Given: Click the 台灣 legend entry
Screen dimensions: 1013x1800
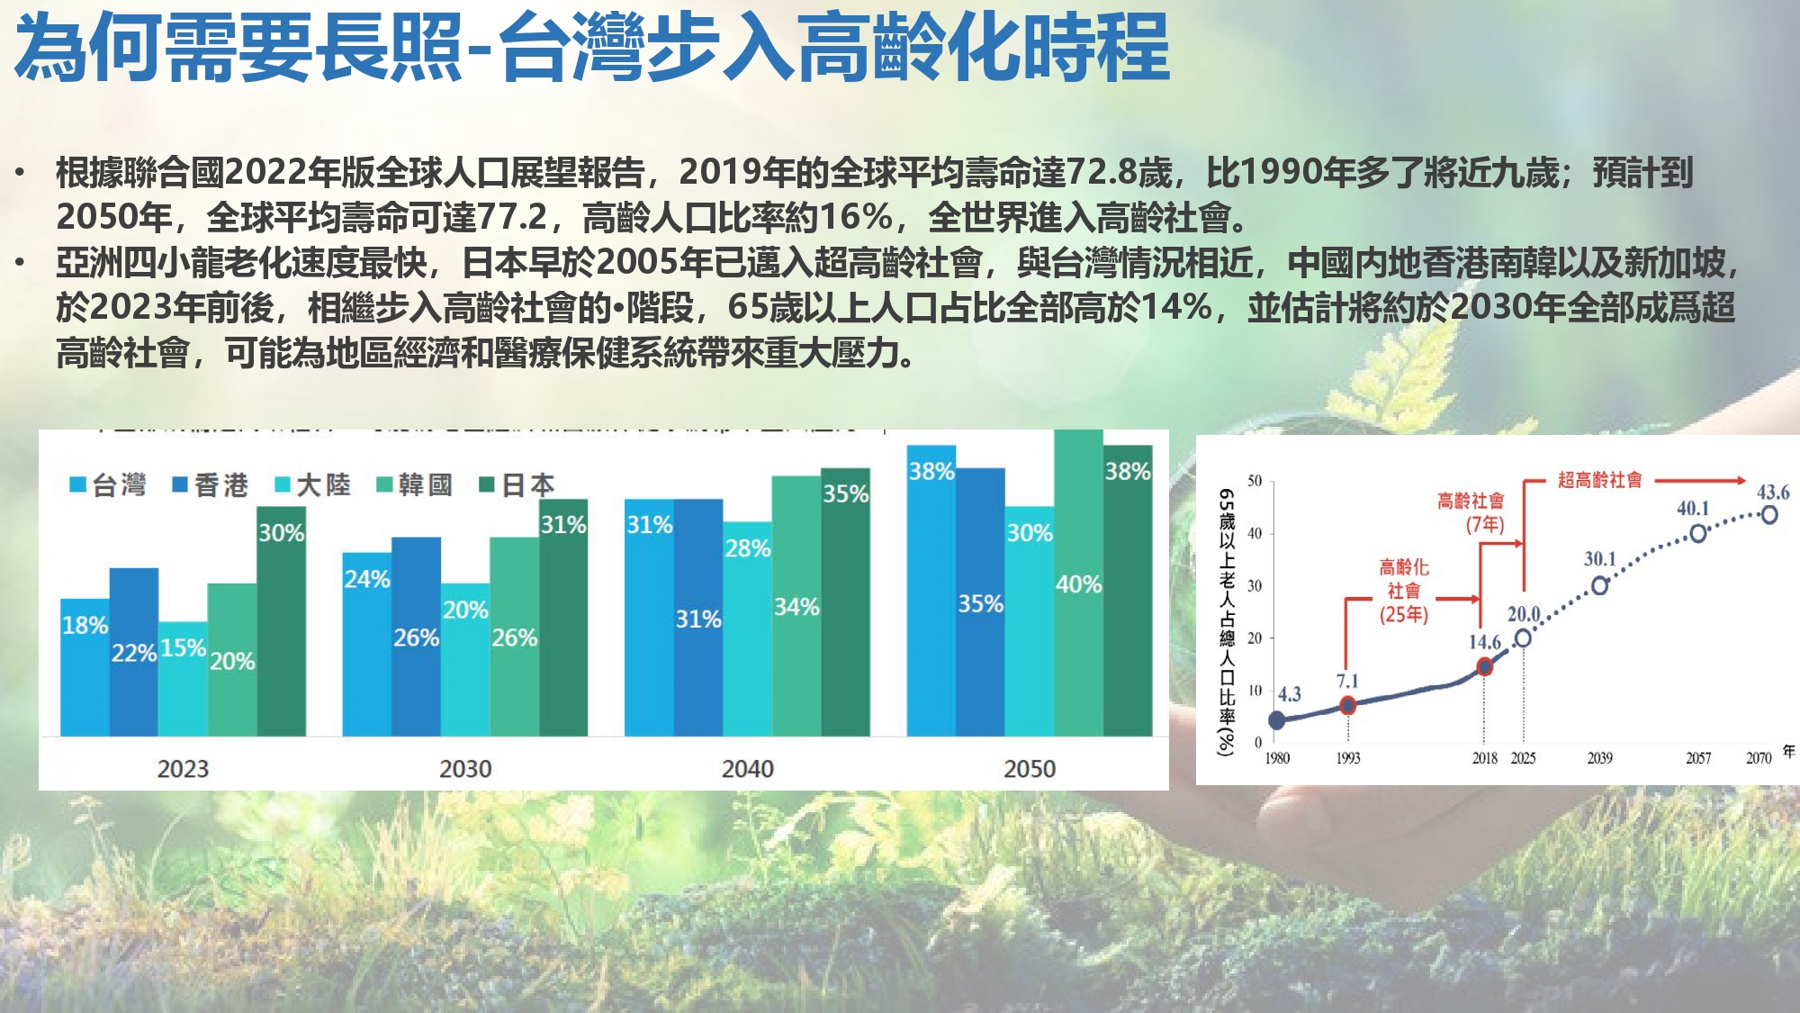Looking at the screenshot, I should tap(109, 485).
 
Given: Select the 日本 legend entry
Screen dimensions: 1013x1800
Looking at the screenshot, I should tap(518, 485).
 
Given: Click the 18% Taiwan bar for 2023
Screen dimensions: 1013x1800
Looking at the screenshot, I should tap(85, 666).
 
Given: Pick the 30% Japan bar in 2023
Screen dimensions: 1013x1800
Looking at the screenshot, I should tap(281, 621).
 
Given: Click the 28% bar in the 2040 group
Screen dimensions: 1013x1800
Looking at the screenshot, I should tap(747, 630).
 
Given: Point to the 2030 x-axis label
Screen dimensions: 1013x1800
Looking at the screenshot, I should tap(465, 769).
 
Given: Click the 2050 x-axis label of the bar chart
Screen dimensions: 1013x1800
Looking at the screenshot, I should tap(1030, 769).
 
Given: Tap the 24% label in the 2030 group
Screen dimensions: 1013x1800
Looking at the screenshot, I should tap(367, 579).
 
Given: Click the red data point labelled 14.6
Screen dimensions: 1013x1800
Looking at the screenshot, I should tap(1484, 666).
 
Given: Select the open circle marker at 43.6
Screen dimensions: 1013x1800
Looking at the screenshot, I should tap(1769, 515).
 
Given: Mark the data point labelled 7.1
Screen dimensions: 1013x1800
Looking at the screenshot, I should tap(1347, 705).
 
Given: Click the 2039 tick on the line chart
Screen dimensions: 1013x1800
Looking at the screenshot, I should tap(1599, 758).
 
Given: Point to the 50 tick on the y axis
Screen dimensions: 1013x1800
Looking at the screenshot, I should tap(1255, 481).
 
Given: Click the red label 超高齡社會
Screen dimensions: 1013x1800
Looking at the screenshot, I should tap(1599, 480).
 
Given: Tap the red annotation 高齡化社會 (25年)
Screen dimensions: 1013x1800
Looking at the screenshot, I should tap(1404, 591).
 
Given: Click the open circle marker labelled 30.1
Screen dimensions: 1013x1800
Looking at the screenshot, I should tap(1600, 586).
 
